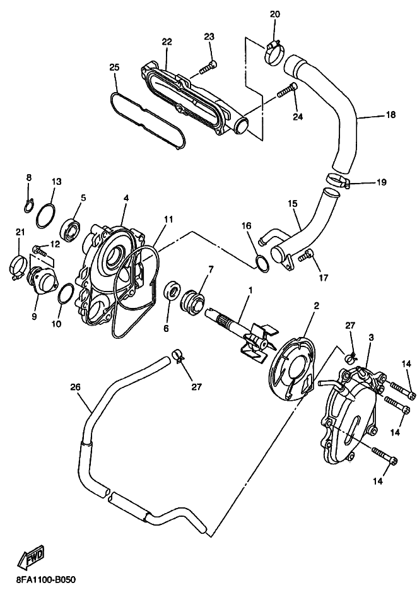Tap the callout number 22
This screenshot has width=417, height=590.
pos(167,42)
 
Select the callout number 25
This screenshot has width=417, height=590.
pos(115,68)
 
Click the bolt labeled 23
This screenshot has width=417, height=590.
pos(207,67)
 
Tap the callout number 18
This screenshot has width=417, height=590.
pos(391,114)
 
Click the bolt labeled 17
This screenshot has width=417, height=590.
pos(307,256)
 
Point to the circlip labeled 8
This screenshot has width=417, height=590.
pos(30,205)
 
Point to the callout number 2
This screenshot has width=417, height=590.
pos(316,305)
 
